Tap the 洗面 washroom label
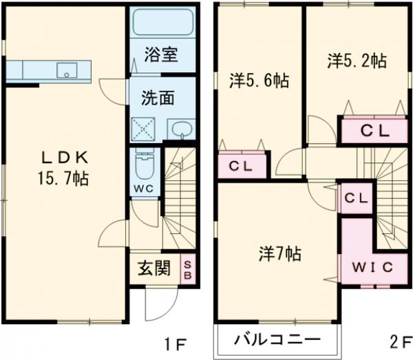click(x=158, y=97)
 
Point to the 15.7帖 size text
click(x=63, y=178)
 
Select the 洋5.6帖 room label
click(x=258, y=81)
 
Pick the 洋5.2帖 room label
click(x=356, y=61)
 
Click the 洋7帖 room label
click(x=279, y=253)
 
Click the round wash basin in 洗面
click(x=181, y=129)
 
